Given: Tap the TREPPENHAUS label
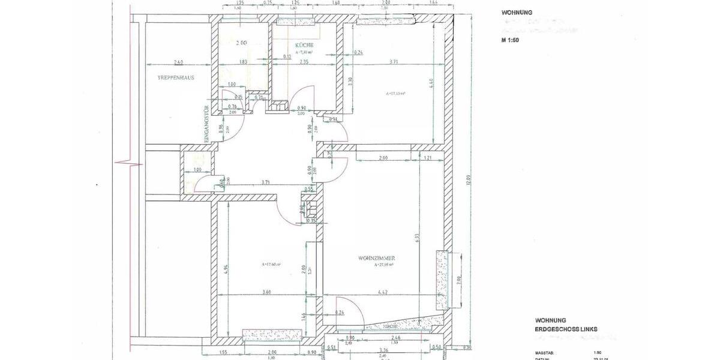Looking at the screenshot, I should point(176,77).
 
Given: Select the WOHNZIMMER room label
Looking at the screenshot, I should point(376,258).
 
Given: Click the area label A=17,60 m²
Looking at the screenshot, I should point(272,264).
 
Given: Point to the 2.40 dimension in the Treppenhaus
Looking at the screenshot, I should point(178,62).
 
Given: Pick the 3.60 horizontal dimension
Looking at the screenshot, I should point(266,292).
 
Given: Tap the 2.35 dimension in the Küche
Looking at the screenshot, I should point(304,62).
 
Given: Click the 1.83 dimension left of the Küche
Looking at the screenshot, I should point(243,62).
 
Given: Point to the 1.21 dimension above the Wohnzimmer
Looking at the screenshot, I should point(427,157).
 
